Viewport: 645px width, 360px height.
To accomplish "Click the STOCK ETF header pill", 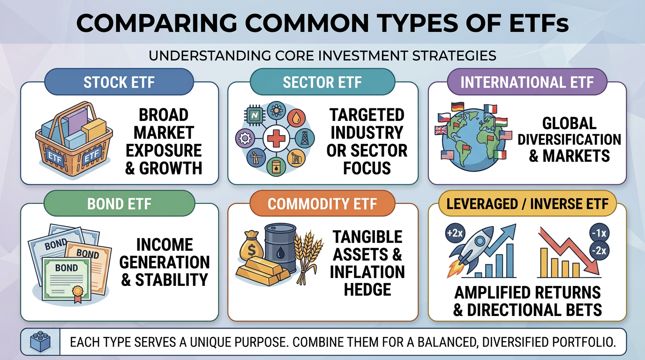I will click(119, 83).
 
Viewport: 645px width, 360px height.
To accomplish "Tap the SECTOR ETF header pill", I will click(322, 83).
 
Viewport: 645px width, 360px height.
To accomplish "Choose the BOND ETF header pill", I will click(119, 204).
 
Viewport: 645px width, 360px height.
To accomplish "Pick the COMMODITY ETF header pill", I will click(322, 204).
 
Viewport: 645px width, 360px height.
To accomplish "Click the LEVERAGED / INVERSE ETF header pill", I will click(527, 204).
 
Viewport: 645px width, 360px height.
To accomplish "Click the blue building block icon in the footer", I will click(40, 342).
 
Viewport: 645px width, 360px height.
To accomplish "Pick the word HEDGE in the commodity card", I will click(367, 289).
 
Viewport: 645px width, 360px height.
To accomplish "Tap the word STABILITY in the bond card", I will click(171, 280).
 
